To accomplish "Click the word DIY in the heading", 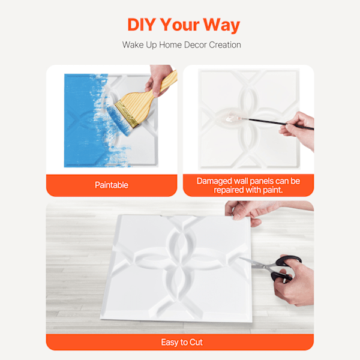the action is (x=142, y=25).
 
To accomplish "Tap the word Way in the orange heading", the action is (x=221, y=25).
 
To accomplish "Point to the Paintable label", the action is (x=112, y=185).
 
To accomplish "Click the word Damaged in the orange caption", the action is (x=214, y=181).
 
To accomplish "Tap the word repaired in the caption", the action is (x=229, y=190).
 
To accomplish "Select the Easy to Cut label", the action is (x=182, y=343).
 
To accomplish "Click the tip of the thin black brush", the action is (x=227, y=119).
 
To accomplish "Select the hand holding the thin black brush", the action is (x=298, y=128).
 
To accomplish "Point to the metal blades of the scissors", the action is (x=255, y=263).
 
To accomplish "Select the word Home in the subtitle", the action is (x=170, y=45).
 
